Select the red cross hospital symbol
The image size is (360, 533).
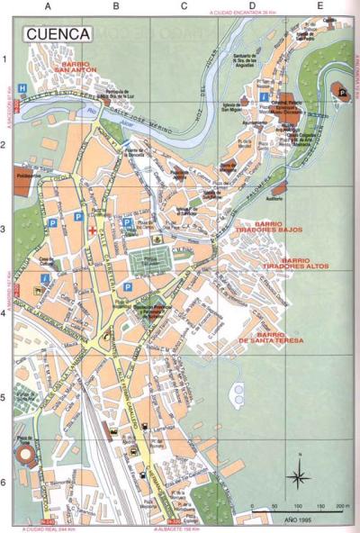(92, 230)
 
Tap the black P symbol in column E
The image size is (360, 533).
(342, 88)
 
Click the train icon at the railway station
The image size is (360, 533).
(117, 433)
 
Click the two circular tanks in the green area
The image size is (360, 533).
(238, 393)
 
